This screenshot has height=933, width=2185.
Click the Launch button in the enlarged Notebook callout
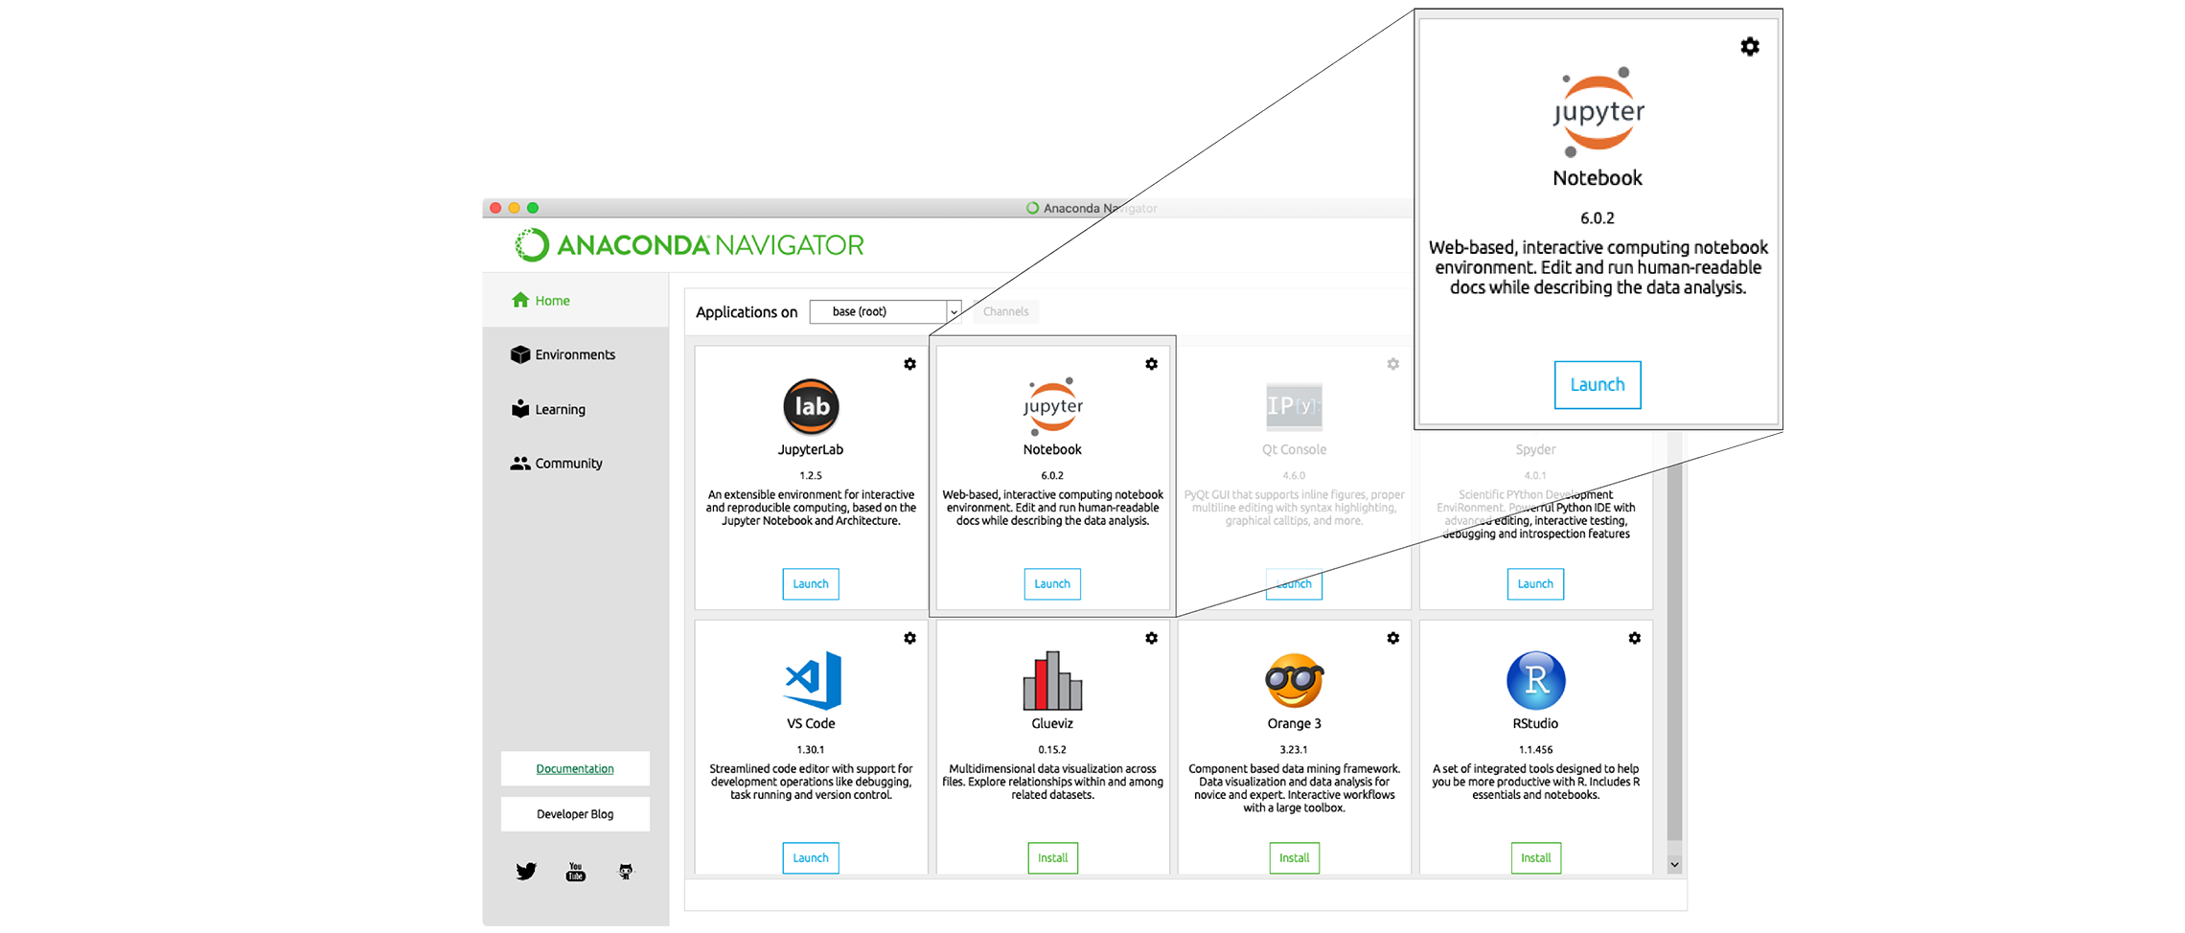[1597, 385]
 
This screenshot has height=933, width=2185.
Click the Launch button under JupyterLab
[810, 584]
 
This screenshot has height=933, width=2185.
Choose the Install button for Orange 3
[1294, 858]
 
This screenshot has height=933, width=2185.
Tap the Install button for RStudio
[1535, 858]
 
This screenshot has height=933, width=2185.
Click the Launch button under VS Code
[810, 858]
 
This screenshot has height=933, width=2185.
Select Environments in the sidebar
[574, 354]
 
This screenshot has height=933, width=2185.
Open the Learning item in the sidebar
[560, 409]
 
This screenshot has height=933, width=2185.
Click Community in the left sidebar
[568, 464]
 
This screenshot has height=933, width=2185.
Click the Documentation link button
[575, 769]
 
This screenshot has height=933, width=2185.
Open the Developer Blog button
[575, 814]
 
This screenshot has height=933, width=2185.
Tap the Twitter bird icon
[526, 872]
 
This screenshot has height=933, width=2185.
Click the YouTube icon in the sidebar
[575, 872]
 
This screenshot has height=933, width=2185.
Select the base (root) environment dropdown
[885, 312]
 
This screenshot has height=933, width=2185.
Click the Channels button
[1005, 312]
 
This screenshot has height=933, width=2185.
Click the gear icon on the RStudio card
[1634, 638]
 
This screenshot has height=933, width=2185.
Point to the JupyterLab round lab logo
[811, 407]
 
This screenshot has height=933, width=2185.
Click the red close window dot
[495, 208]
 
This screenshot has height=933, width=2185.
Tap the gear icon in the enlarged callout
[1749, 47]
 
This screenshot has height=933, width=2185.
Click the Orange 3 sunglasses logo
[1294, 681]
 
